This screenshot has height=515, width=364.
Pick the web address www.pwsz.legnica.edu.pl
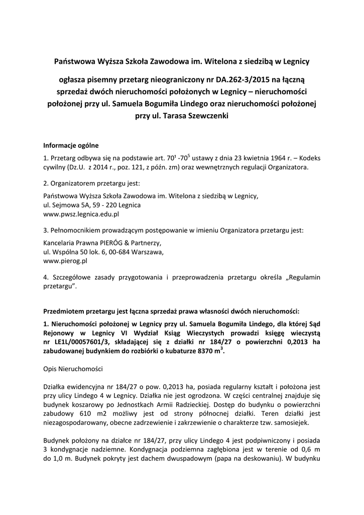(x=81, y=214)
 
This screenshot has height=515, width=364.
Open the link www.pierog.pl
(x=66, y=261)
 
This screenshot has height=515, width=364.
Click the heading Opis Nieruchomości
(x=73, y=369)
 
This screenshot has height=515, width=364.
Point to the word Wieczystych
(x=232, y=333)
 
